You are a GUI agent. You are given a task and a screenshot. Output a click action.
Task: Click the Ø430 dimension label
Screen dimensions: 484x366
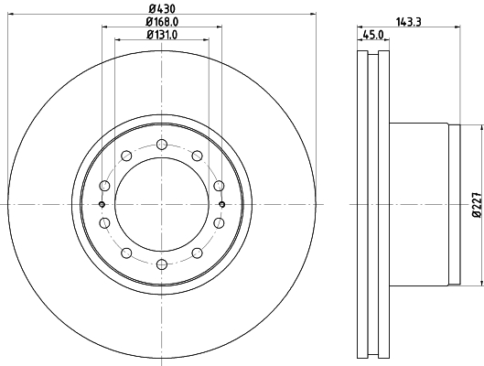click(162, 8)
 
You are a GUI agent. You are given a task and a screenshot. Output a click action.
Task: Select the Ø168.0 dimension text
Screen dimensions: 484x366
click(162, 22)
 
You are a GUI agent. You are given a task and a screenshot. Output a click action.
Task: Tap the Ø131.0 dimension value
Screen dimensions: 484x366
click(162, 35)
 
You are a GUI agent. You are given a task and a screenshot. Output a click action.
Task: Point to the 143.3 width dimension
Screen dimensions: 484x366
click(408, 22)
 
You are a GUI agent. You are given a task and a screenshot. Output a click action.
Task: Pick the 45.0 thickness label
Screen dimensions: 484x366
click(373, 35)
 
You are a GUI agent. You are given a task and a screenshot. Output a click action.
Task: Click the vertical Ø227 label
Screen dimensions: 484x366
click(477, 205)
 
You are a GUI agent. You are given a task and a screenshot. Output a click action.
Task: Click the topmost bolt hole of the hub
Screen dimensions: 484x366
click(162, 145)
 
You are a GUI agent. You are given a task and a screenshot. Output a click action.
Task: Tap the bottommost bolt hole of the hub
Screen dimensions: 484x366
click(162, 264)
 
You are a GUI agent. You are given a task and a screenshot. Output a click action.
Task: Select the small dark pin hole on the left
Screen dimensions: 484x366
click(102, 204)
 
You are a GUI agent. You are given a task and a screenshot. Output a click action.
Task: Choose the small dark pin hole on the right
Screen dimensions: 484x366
click(221, 204)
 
